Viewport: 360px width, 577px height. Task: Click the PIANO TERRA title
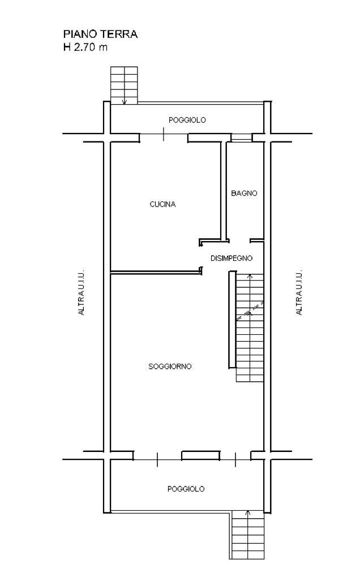click(x=101, y=34)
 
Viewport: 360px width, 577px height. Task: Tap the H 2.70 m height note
click(x=85, y=48)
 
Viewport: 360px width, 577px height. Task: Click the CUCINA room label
click(x=162, y=204)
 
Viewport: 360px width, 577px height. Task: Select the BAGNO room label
click(x=244, y=193)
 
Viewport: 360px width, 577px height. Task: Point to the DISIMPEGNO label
click(x=232, y=259)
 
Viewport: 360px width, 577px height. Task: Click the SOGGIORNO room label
click(x=170, y=367)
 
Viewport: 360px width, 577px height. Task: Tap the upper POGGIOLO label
click(x=187, y=120)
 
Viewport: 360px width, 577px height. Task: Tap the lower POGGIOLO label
click(x=186, y=489)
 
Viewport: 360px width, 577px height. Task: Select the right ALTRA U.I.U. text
click(x=299, y=292)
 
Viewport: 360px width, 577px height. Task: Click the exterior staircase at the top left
click(x=124, y=85)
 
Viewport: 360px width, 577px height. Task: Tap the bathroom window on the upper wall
click(x=242, y=137)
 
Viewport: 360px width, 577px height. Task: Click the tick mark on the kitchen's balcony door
click(x=164, y=134)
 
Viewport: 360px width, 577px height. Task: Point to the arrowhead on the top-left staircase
click(x=125, y=102)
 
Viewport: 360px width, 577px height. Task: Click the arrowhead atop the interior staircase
click(x=250, y=275)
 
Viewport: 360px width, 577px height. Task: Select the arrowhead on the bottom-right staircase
click(x=248, y=512)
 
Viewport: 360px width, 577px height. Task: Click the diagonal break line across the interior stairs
click(x=250, y=311)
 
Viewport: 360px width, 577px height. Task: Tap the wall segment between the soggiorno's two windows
click(x=200, y=455)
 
